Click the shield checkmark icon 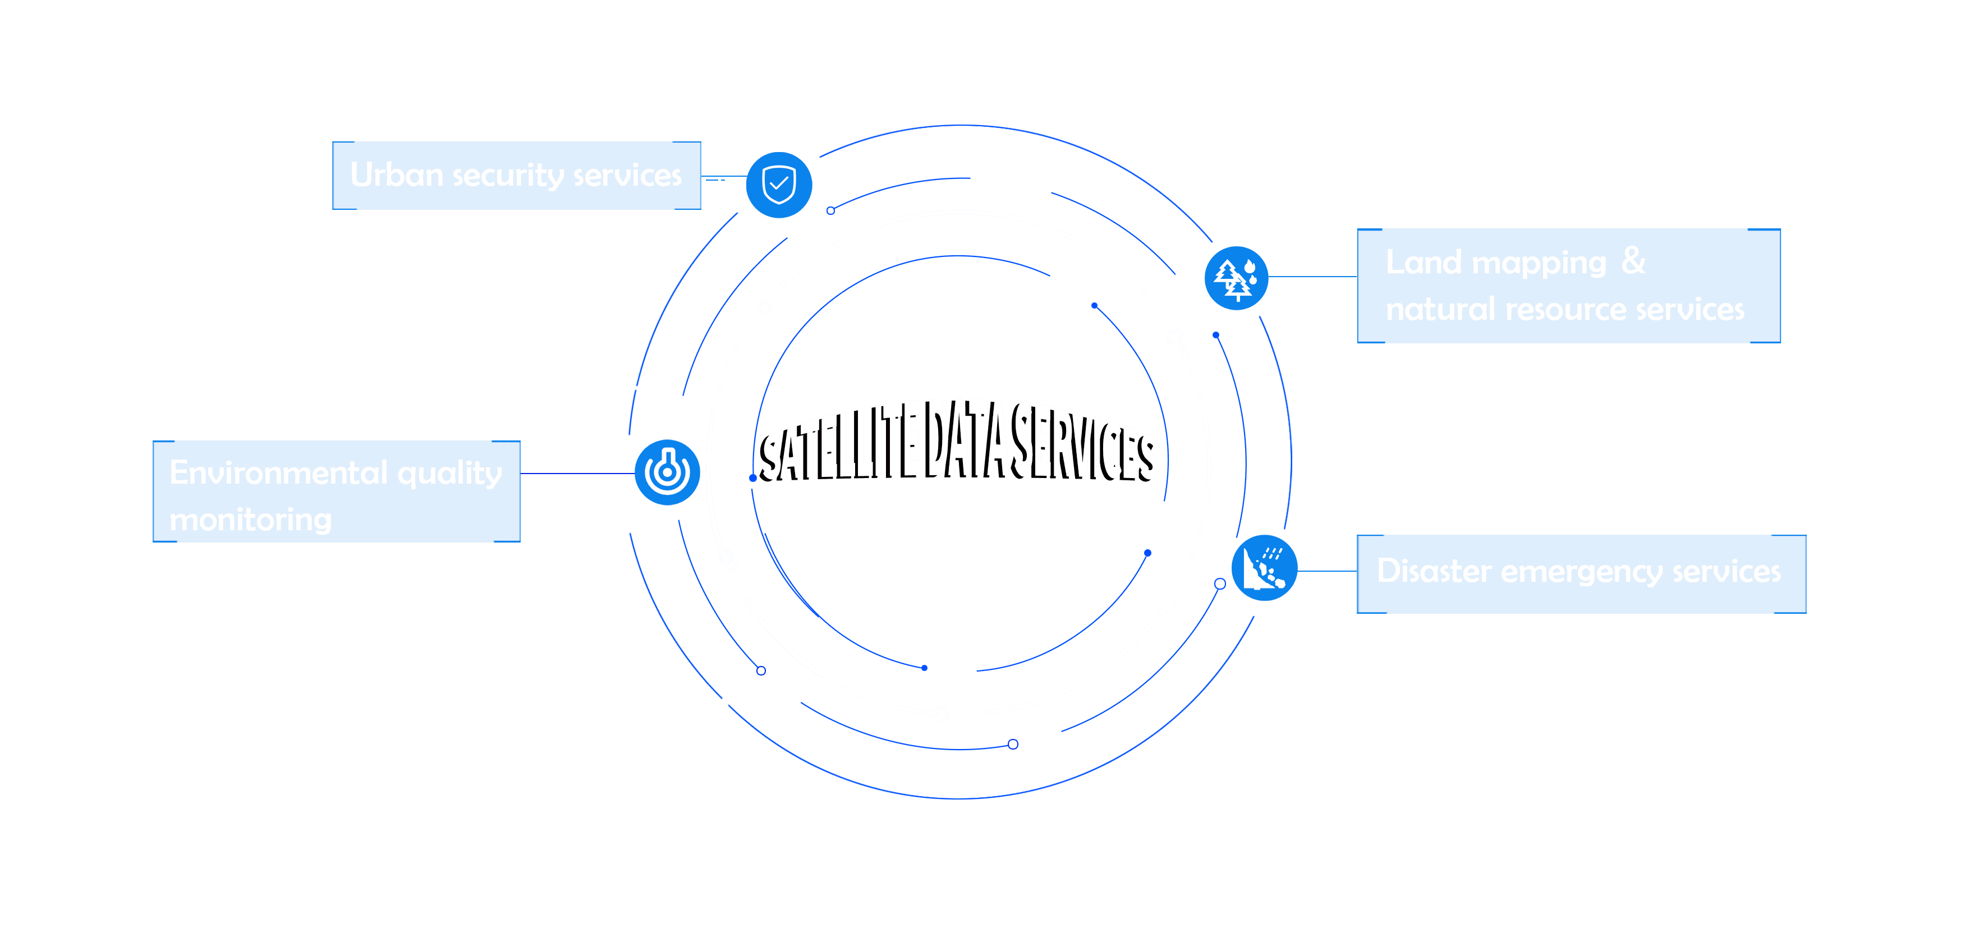point(779,185)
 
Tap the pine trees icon point(1236,278)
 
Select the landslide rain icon point(1264,568)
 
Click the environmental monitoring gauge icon point(667,472)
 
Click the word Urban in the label point(396,175)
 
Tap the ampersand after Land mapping point(1633,261)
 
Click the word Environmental point(278,472)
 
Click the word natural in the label point(1440,309)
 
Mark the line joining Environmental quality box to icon point(577,474)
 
